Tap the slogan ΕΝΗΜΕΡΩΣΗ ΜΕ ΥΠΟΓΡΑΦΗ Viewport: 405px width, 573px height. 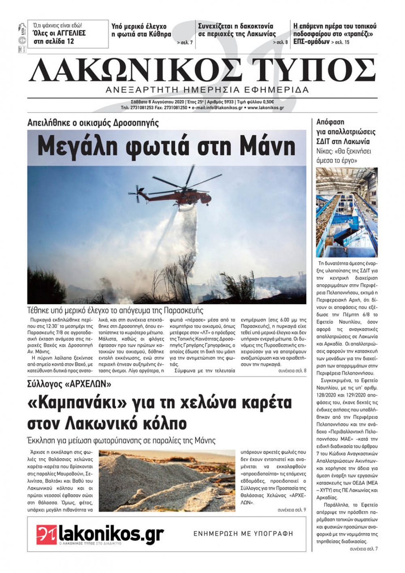pyautogui.click(x=243, y=534)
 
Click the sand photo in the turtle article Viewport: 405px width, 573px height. pyautogui.click(x=167, y=480)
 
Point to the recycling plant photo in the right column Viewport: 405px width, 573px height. pyautogui.click(x=347, y=212)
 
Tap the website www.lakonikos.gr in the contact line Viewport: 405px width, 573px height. pyautogui.click(x=265, y=108)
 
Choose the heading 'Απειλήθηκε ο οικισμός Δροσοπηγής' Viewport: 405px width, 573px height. pyautogui.click(x=93, y=123)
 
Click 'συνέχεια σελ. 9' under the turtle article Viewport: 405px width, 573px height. pyautogui.click(x=292, y=510)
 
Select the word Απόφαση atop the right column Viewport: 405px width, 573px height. pyautogui.click(x=330, y=122)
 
